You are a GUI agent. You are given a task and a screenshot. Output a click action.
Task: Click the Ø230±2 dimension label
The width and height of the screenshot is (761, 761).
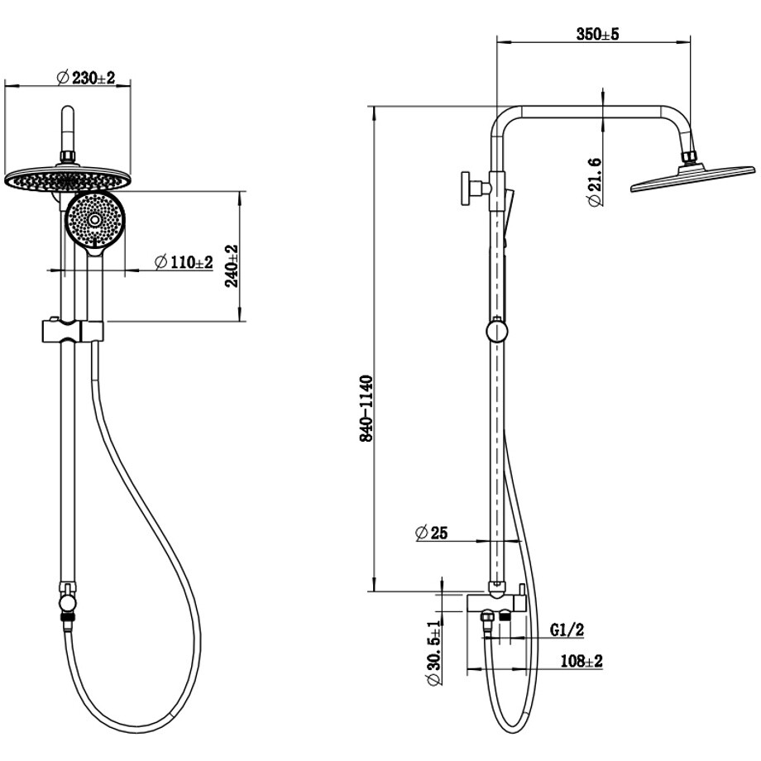[x=86, y=77]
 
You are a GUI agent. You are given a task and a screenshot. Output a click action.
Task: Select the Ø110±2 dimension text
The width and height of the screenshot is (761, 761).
[x=184, y=262]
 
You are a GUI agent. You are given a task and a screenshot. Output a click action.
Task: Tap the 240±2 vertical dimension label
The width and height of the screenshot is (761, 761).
[x=232, y=266]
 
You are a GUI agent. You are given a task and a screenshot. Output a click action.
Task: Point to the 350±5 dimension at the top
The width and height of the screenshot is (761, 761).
[x=597, y=34]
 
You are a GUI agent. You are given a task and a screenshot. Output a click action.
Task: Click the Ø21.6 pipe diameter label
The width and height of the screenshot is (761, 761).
[x=595, y=182]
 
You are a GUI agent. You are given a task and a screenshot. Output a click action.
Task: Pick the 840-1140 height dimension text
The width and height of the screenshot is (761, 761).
[x=366, y=408]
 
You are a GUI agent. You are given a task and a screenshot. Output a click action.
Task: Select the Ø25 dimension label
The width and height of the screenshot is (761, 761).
[x=432, y=533]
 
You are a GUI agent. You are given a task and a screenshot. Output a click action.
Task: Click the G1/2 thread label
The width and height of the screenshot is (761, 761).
[x=567, y=629]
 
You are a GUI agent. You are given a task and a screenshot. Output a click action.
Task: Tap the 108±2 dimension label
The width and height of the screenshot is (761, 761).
[x=582, y=661]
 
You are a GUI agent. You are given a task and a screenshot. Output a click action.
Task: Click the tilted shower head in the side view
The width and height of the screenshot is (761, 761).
[x=693, y=178]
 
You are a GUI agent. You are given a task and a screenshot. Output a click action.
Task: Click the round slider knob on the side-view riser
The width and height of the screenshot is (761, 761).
[x=496, y=331]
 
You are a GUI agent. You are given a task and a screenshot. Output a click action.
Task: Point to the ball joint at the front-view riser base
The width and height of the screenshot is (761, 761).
[x=67, y=603]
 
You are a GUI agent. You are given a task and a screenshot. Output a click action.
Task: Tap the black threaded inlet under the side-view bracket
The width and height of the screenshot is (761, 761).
[x=505, y=616]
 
